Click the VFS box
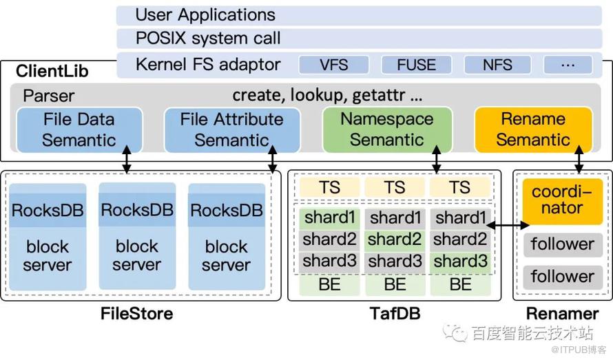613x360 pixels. [x=333, y=65]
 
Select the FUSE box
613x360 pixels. [x=416, y=65]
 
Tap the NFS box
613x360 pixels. [x=497, y=65]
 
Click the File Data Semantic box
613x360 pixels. [x=79, y=129]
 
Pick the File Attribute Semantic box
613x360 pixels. [x=231, y=129]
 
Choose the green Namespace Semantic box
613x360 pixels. [x=387, y=129]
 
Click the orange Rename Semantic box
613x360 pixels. [x=533, y=129]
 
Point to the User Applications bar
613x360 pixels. [x=358, y=15]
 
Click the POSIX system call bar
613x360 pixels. [x=358, y=39]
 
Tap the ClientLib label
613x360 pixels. [x=52, y=71]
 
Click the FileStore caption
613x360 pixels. [x=136, y=315]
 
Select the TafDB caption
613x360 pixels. [x=394, y=315]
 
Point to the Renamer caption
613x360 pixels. [x=562, y=315]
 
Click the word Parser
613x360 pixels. [x=49, y=96]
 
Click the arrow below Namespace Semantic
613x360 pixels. [x=436, y=160]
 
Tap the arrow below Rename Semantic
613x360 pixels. [x=579, y=160]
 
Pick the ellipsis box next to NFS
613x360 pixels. [x=568, y=65]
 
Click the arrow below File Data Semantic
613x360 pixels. [x=126, y=160]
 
